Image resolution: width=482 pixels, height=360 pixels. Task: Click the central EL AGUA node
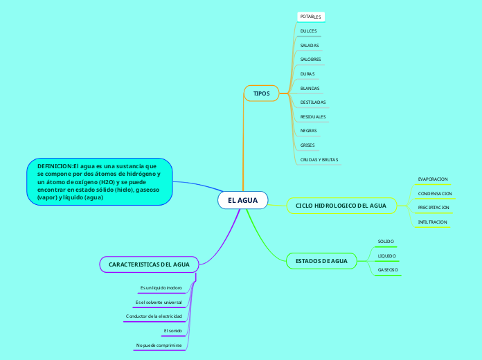242,200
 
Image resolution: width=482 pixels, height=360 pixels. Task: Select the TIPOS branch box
261,93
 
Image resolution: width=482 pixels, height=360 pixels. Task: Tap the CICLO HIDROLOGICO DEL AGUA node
341,206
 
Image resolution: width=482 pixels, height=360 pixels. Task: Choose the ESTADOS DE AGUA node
321,261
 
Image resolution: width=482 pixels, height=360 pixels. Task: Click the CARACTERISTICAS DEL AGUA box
149,264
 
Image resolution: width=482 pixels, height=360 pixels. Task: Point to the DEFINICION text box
99,181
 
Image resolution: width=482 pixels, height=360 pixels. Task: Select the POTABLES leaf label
310,16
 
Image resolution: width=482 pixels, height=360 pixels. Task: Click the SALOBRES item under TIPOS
310,60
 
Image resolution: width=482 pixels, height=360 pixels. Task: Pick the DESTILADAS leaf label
313,102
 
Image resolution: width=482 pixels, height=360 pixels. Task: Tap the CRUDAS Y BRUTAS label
319,160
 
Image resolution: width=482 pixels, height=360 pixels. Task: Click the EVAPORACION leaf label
433,179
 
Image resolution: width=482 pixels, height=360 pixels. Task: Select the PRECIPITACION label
434,208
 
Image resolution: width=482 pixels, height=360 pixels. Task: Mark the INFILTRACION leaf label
433,222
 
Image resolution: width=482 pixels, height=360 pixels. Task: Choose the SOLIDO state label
386,242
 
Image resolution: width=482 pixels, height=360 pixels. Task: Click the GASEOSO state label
387,269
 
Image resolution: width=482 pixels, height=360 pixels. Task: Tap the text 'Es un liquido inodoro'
161,287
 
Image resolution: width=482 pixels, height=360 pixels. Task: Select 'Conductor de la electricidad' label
154,316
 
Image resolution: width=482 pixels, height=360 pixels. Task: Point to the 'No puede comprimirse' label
159,345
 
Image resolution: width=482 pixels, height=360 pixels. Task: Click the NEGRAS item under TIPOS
308,131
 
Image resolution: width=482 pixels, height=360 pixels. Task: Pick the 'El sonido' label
172,331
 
